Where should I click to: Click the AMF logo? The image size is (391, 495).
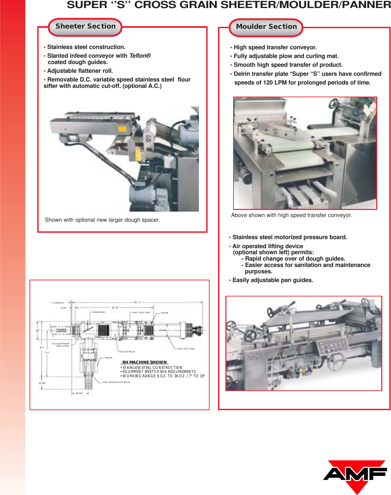[x=355, y=475]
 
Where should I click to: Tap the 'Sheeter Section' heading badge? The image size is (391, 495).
[x=85, y=27]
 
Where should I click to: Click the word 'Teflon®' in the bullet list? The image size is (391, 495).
[x=140, y=56]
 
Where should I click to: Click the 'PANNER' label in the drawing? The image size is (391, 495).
[x=165, y=313]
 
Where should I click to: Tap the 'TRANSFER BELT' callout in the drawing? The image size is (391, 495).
[x=99, y=312]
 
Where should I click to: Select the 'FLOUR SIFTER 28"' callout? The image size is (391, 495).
[x=127, y=352]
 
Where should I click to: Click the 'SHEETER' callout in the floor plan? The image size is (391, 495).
[x=108, y=358]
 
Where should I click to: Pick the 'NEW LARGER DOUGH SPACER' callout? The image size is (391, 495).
[x=117, y=382]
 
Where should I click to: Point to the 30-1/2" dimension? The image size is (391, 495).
[x=79, y=393]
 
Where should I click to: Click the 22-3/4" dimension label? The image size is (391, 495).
[x=42, y=383]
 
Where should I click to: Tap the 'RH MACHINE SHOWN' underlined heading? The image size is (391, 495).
[x=144, y=362]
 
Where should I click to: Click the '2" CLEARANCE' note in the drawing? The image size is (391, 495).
[x=57, y=303]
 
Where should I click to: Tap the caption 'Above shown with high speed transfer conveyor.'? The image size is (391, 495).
[x=291, y=215]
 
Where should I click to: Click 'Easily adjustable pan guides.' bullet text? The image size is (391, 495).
[x=272, y=280]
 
